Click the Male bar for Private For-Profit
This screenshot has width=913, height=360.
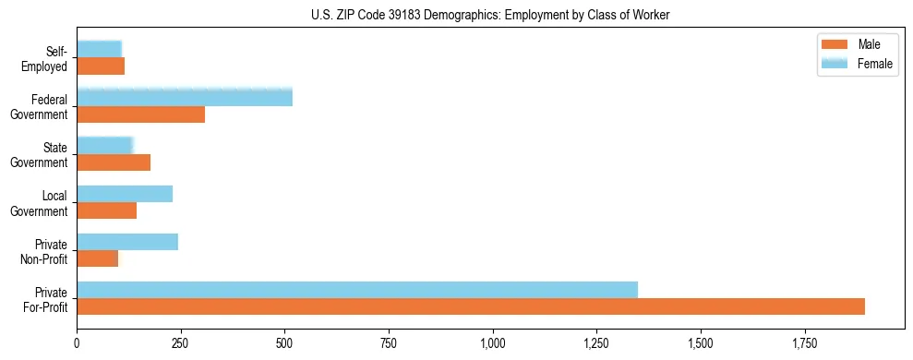(471, 306)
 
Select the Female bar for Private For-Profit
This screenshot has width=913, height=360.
(357, 290)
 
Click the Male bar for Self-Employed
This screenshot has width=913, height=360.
(101, 66)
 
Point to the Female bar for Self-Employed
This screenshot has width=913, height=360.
(100, 49)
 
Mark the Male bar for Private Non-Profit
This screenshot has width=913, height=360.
(98, 258)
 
